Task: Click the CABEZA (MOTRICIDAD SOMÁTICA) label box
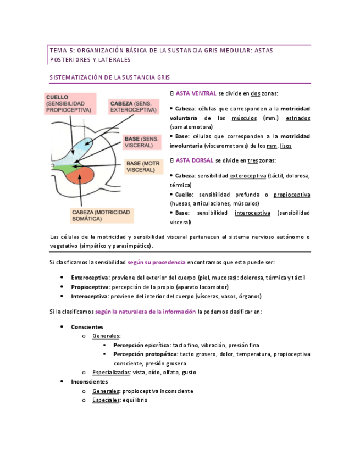101,215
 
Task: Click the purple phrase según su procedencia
157,262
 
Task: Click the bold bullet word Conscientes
87,326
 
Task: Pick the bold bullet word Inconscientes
90,381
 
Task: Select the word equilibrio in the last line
135,400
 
